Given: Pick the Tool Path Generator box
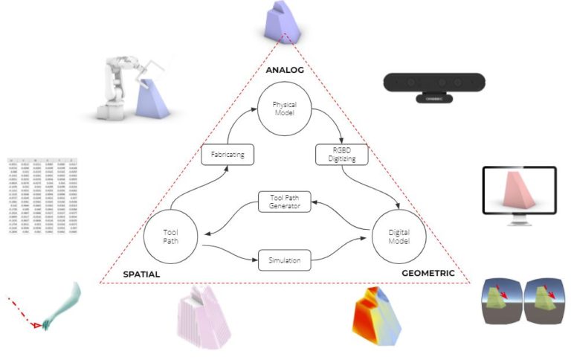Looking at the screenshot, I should click(284, 201).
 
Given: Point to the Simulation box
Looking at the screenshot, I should click(285, 261).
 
